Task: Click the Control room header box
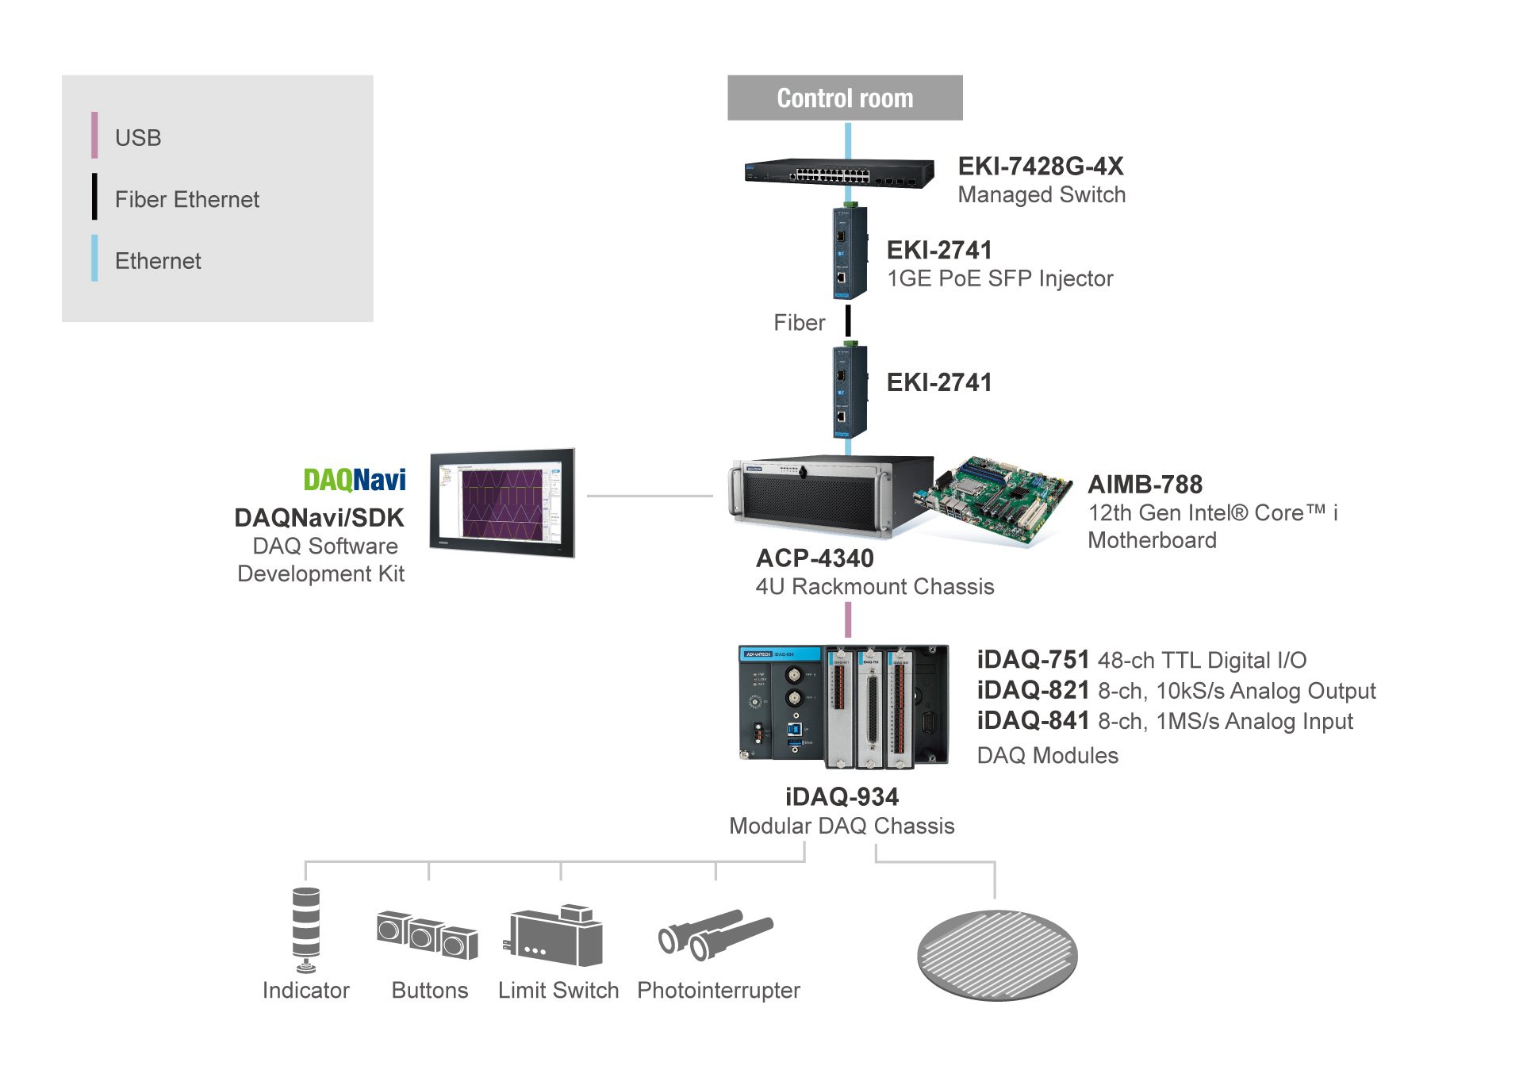coord(844,98)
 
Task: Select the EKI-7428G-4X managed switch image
coord(838,172)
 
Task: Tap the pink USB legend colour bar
coord(94,136)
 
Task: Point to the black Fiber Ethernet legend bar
coord(94,197)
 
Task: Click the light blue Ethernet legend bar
coord(94,258)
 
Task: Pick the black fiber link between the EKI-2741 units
coord(848,321)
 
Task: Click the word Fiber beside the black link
coord(799,323)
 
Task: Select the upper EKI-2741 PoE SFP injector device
coord(849,252)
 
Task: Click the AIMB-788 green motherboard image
coord(996,500)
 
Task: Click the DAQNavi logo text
coord(354,480)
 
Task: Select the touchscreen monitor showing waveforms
coord(502,503)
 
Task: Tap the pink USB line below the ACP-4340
coord(848,619)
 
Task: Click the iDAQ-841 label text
coord(1033,720)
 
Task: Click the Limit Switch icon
coord(555,936)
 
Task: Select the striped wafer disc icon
coord(997,955)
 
